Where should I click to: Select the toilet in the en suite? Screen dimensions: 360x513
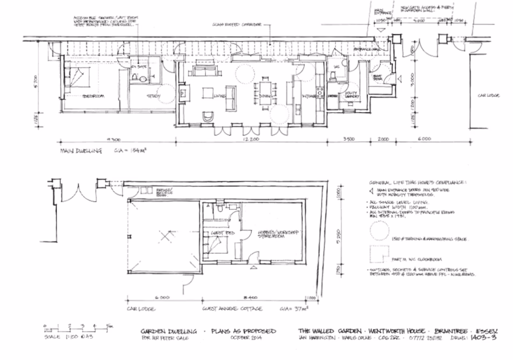coord(142,79)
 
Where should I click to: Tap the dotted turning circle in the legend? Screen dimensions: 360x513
coord(379,232)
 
